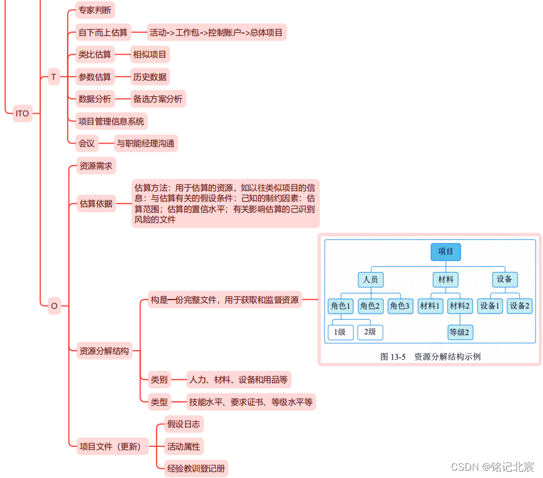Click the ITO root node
(22, 113)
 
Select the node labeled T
(54, 77)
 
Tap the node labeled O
(54, 306)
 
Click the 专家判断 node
(95, 10)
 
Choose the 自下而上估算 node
(103, 32)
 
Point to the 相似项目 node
(150, 55)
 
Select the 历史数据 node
(150, 77)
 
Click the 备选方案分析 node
(158, 99)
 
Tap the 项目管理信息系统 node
(111, 121)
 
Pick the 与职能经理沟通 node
(145, 144)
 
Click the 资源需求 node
(96, 166)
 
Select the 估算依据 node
(96, 204)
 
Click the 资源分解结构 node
(104, 351)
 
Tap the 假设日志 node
(183, 424)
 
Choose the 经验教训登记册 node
(196, 468)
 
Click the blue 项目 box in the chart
(446, 251)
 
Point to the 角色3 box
(400, 306)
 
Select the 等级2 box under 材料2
(460, 332)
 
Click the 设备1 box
(490, 306)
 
